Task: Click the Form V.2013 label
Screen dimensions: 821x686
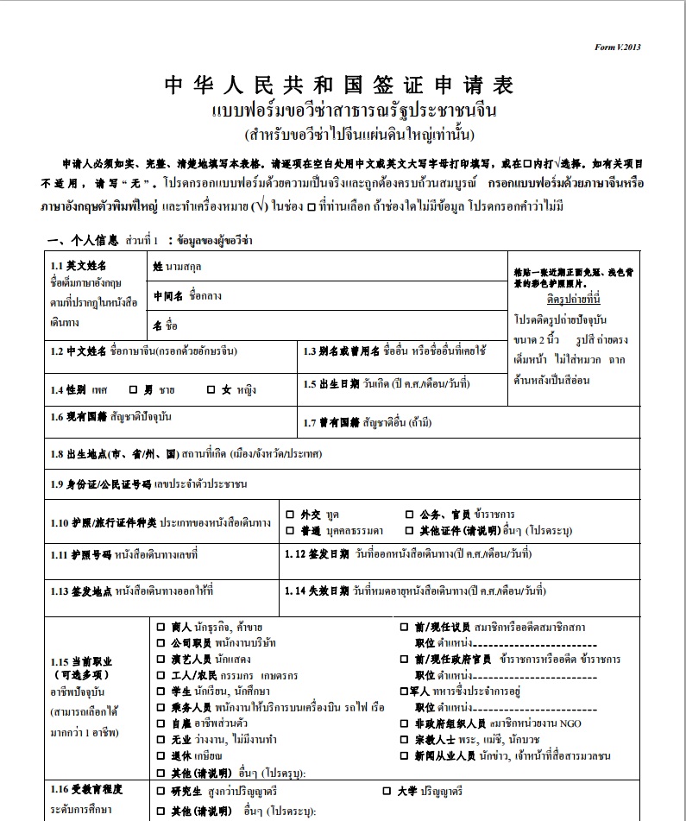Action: tap(618, 47)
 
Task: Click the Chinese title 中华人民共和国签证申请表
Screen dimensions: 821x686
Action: tap(339, 85)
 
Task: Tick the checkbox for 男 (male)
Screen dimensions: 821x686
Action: tap(134, 389)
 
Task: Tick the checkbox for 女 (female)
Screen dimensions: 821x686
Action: tap(211, 389)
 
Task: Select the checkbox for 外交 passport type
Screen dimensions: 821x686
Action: tap(291, 514)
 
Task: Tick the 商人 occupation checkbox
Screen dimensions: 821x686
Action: tap(160, 627)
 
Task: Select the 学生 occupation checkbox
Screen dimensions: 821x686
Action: tap(160, 691)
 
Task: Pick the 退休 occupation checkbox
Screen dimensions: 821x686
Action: tap(160, 755)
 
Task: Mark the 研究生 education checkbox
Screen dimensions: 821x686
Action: tap(160, 791)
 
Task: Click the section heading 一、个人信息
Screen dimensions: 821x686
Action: tap(82, 239)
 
